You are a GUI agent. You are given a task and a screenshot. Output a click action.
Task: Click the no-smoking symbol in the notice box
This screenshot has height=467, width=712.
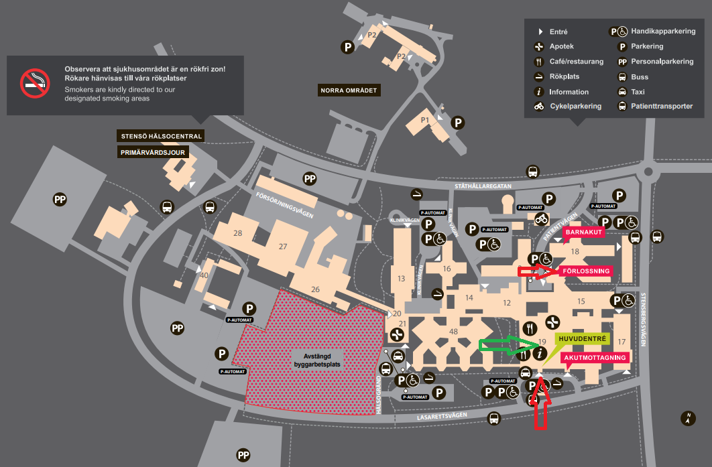(35, 83)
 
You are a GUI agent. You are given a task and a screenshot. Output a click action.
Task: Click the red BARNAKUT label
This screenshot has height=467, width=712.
(585, 232)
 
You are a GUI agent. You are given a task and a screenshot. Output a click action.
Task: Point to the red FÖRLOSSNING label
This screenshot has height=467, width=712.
(586, 271)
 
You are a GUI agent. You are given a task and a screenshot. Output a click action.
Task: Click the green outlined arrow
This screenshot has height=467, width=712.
(508, 345)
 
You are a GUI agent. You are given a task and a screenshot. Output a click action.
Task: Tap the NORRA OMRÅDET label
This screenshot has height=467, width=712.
(350, 90)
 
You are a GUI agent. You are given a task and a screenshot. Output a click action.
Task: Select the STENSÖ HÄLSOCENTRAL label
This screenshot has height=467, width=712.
(161, 136)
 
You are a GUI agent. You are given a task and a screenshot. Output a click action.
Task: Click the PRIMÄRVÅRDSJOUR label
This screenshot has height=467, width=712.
(154, 152)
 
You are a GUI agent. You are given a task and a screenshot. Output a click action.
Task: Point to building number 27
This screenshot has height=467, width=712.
(283, 247)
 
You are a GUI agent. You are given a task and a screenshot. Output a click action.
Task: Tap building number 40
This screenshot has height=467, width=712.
(204, 275)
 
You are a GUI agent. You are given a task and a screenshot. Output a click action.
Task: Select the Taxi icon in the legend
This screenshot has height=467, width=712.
(621, 91)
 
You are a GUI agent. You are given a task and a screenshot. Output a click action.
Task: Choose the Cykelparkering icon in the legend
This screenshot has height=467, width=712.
(538, 107)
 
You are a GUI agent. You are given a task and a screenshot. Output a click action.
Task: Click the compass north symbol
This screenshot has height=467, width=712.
(687, 419)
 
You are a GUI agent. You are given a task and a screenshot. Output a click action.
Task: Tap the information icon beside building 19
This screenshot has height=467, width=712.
(542, 353)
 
